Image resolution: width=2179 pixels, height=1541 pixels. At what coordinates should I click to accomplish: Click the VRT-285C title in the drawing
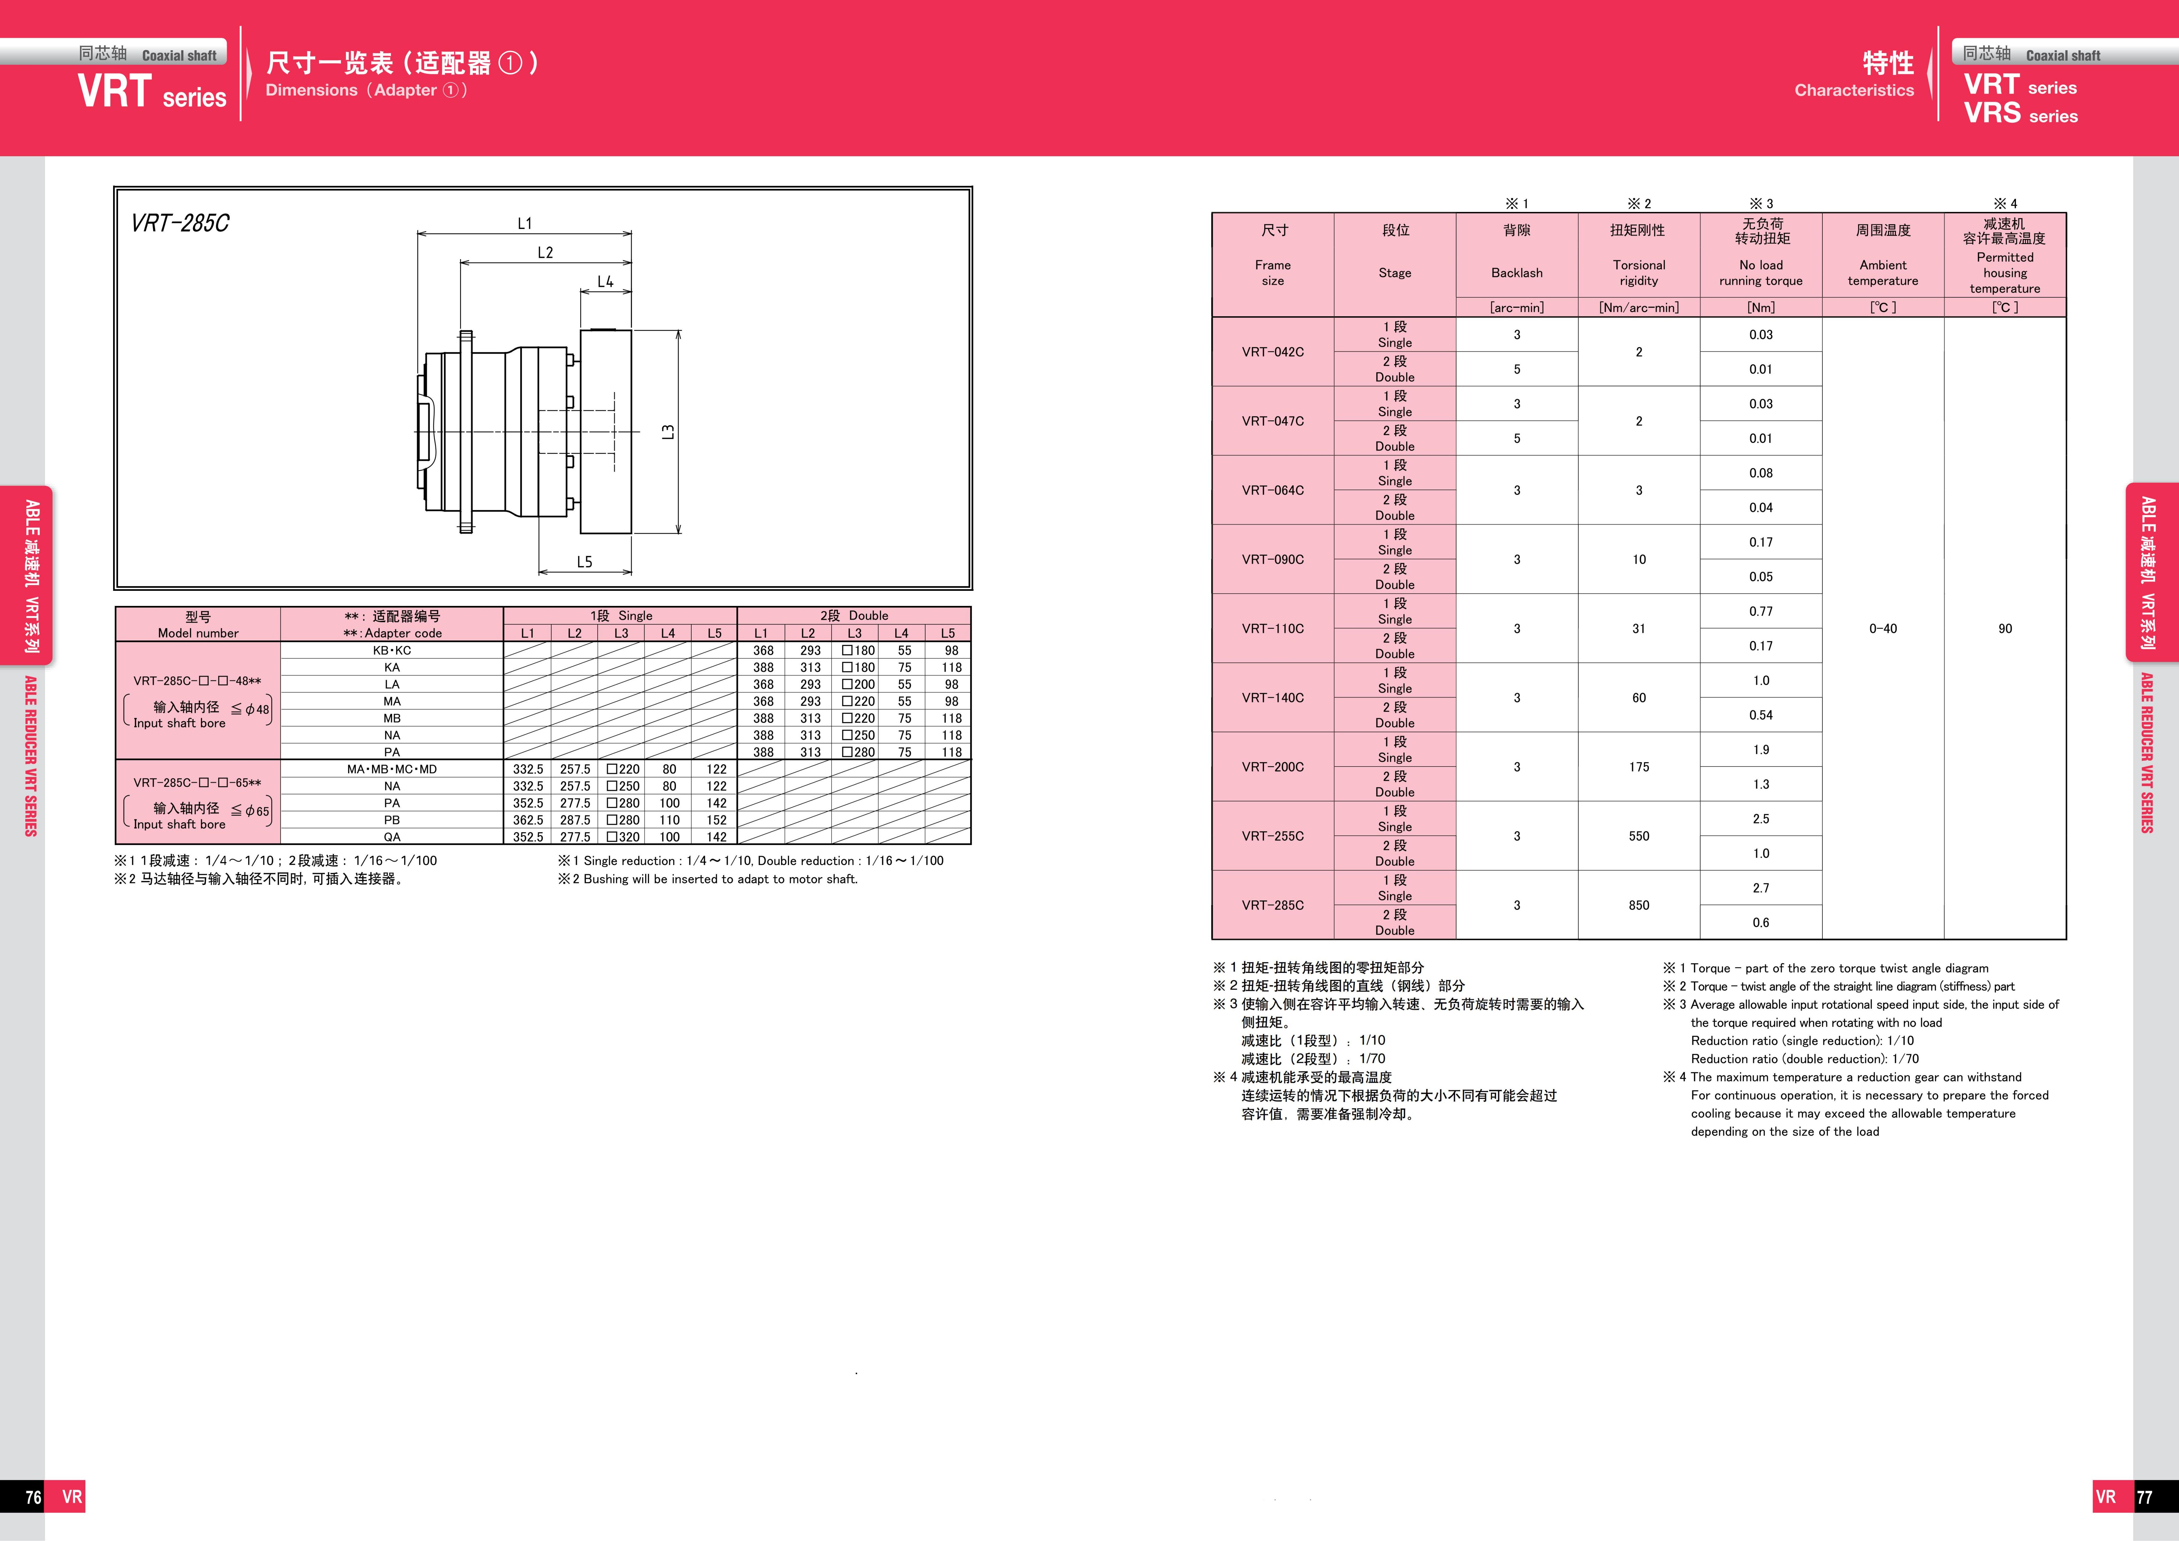tap(180, 223)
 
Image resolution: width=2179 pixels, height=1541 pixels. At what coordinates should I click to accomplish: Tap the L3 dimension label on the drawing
tap(668, 432)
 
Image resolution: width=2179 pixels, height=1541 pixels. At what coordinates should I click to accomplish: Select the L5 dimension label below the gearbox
tap(585, 562)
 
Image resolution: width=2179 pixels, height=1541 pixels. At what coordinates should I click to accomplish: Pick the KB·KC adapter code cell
tap(392, 650)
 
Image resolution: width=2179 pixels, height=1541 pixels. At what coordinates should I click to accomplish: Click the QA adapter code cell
tap(392, 837)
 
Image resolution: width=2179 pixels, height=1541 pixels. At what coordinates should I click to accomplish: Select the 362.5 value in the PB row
tap(528, 820)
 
